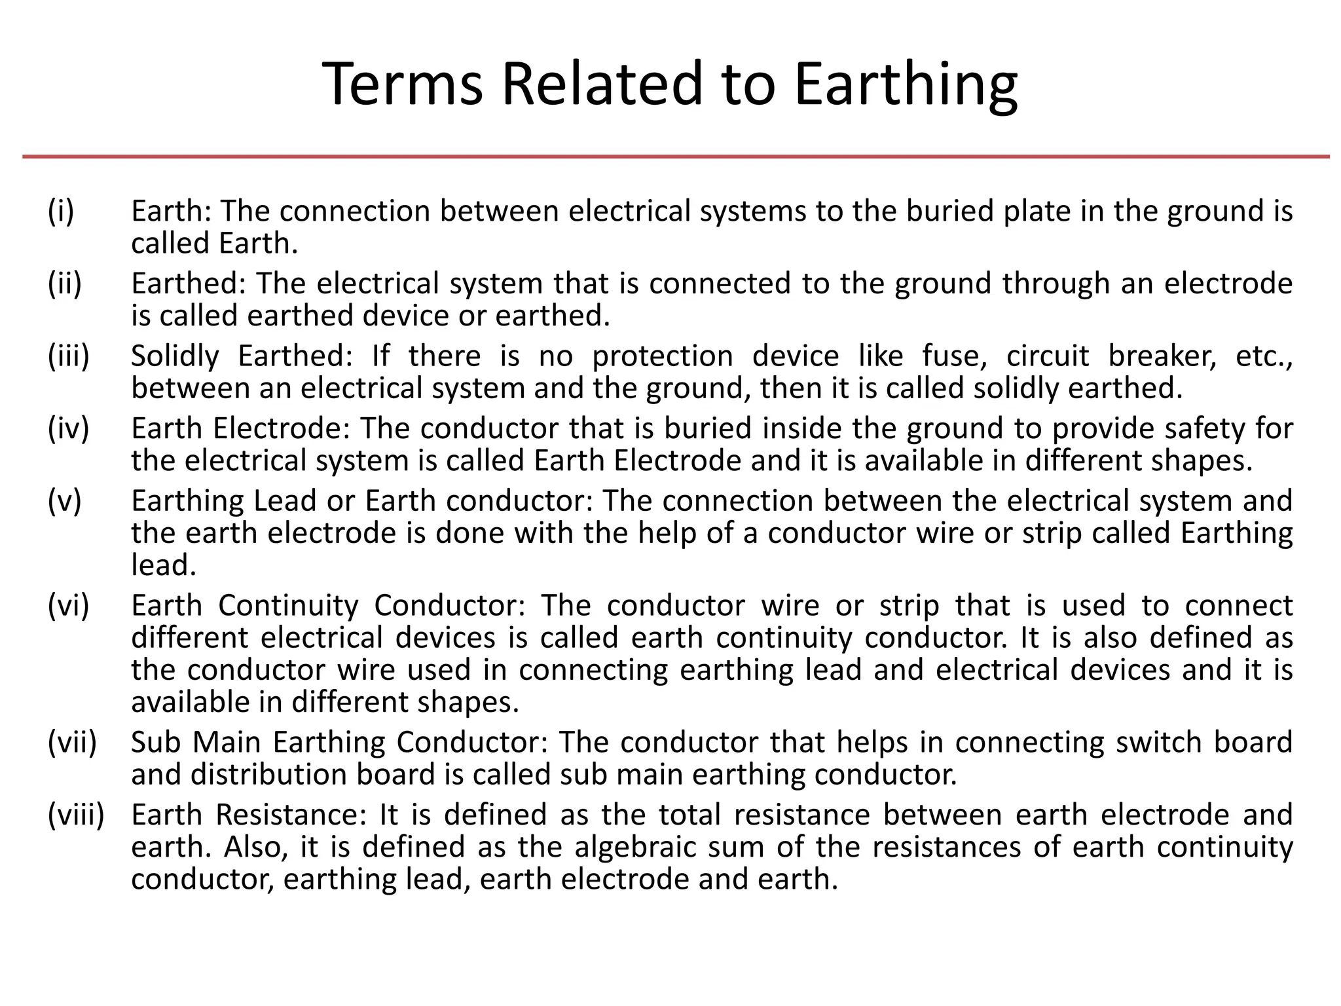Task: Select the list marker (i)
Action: (x=61, y=211)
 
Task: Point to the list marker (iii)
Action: (x=68, y=356)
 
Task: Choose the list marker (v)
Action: (x=65, y=501)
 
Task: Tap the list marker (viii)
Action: (x=76, y=815)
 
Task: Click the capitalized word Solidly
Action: (x=175, y=356)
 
